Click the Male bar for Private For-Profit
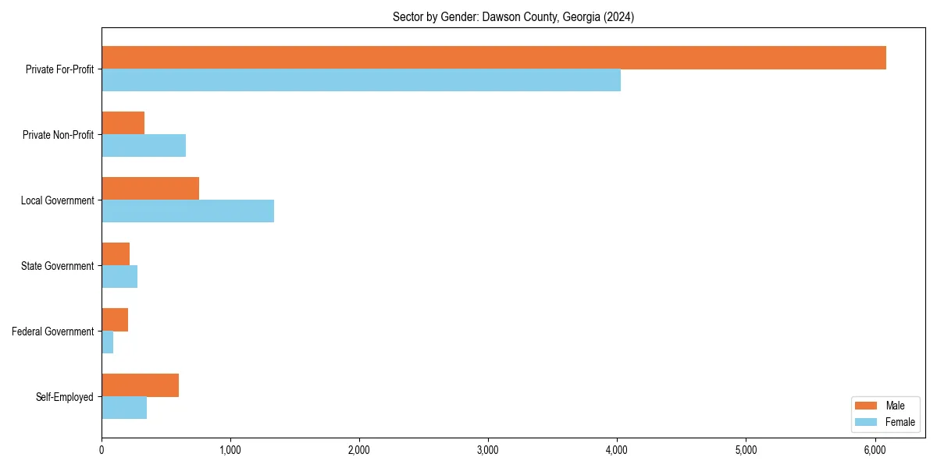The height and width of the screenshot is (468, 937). [493, 58]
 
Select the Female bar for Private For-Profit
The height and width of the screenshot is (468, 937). [361, 80]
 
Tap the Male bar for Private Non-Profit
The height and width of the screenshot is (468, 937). [123, 123]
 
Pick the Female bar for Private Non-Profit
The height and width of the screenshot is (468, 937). [144, 146]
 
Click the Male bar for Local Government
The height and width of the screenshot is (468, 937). [150, 189]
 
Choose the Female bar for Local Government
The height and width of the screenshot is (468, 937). [187, 211]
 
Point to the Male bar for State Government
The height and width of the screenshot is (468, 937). [116, 254]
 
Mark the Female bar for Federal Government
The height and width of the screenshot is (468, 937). [107, 342]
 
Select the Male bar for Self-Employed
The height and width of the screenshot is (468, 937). [140, 385]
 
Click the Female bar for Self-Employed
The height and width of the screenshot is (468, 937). [124, 408]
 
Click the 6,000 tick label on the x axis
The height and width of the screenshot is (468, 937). [875, 450]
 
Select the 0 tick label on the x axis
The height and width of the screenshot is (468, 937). [102, 450]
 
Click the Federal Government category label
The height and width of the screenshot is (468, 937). [53, 331]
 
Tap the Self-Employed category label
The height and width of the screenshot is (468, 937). [65, 397]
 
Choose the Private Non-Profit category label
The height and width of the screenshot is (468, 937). [58, 135]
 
